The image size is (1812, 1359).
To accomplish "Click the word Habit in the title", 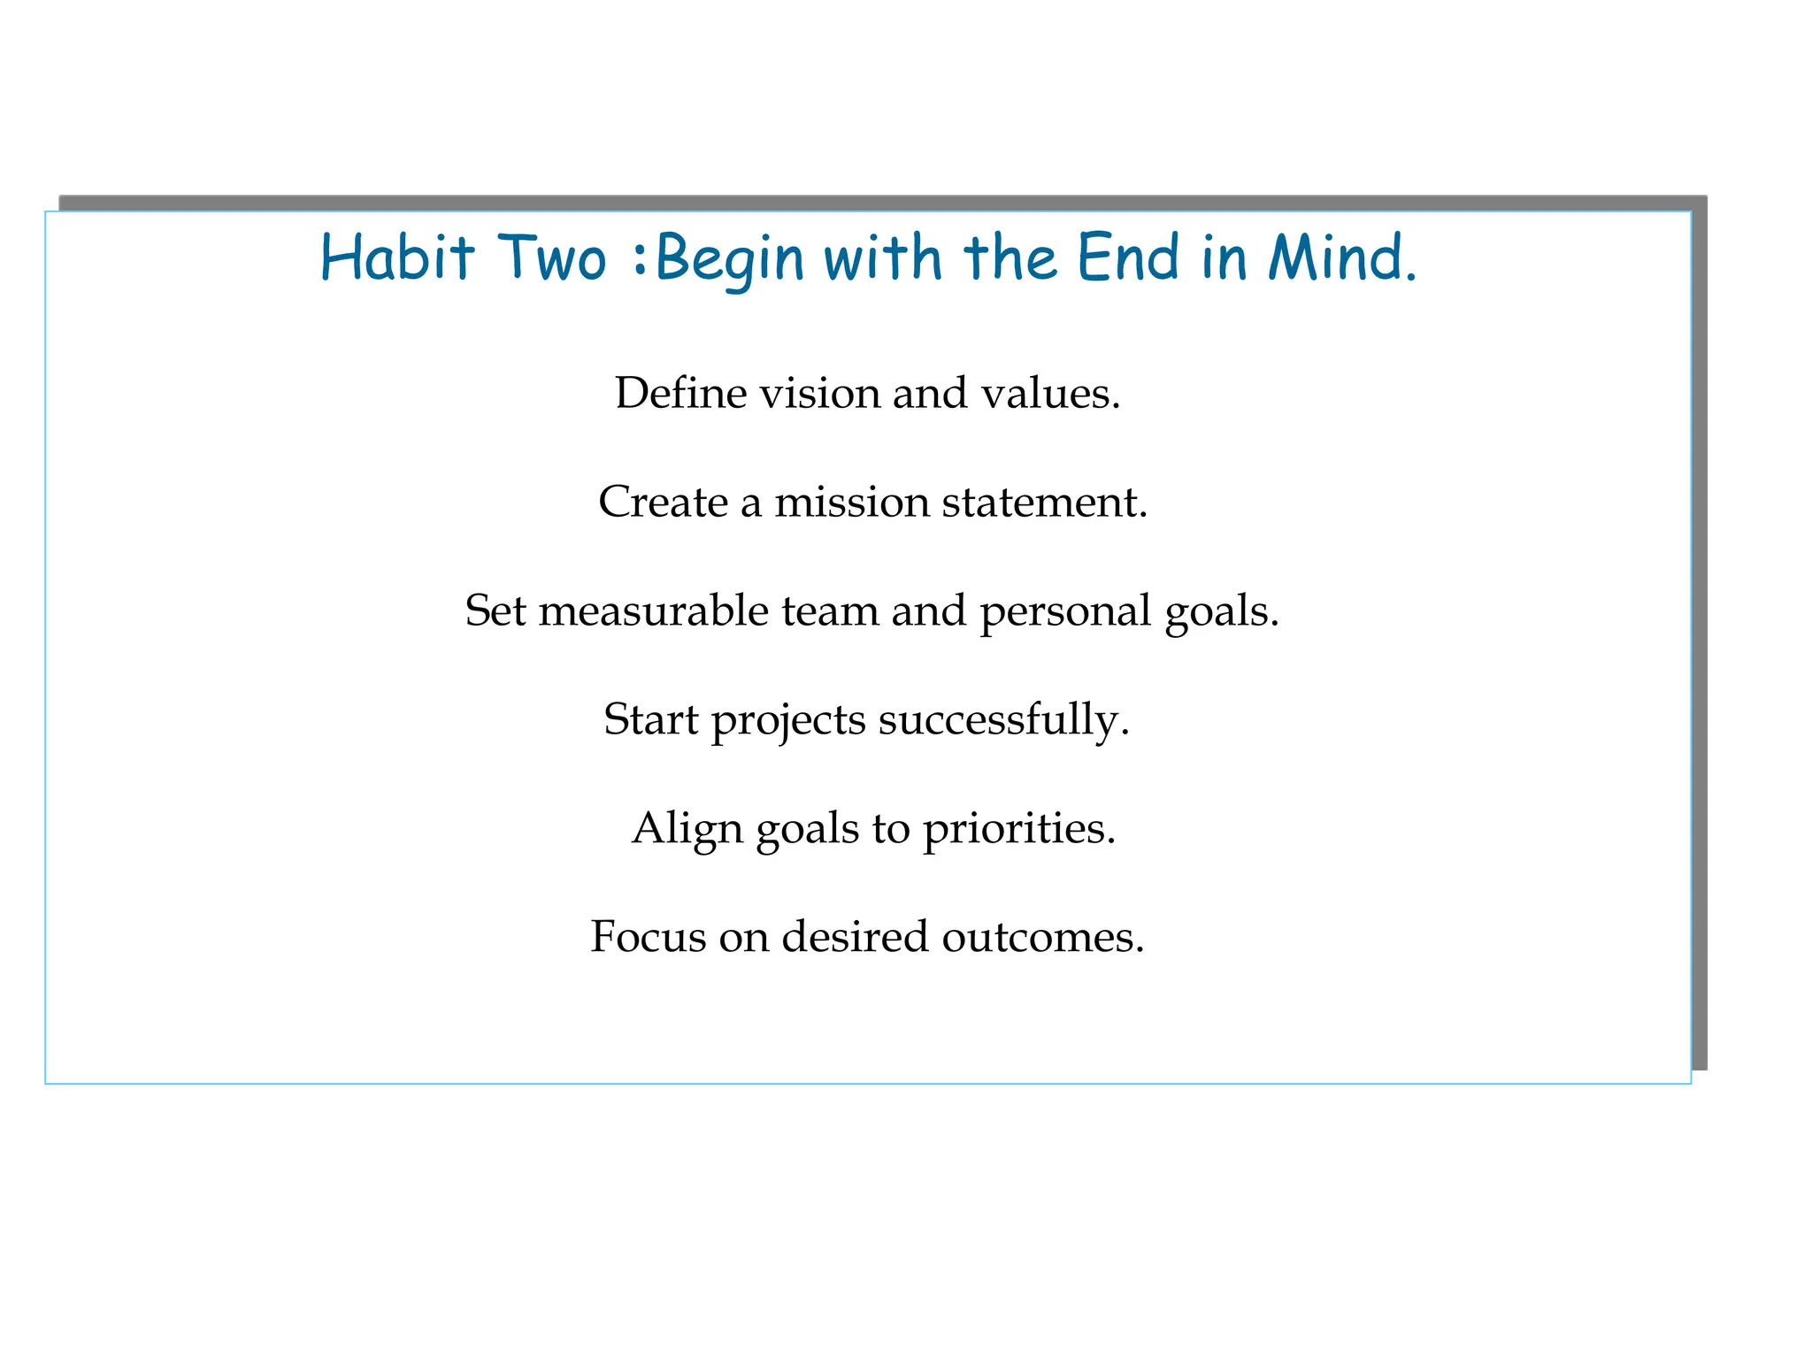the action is pos(398,257).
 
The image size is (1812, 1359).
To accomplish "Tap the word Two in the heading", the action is pos(553,257).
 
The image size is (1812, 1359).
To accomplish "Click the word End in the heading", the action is pos(1128,257).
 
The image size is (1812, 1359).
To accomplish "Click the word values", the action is pos(1050,393).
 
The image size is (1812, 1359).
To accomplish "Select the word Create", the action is pos(663,502).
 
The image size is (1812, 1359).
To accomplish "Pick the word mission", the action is pos(852,502).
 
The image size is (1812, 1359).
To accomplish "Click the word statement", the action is pos(1045,502).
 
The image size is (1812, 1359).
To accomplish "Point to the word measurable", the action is pos(653,610).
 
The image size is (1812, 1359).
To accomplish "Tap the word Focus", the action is pos(648,937).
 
